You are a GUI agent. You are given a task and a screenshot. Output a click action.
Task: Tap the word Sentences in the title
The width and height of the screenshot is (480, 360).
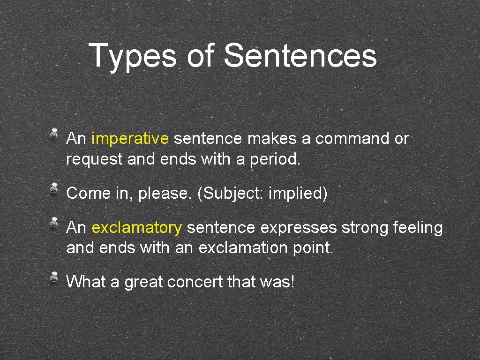[x=300, y=55]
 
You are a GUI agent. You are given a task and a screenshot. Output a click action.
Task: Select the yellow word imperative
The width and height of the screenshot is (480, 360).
[x=130, y=139]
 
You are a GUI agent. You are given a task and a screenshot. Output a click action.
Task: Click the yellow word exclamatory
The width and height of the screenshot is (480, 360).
[x=137, y=228]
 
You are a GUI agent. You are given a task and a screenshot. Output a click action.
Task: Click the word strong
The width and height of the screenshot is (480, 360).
[x=365, y=228]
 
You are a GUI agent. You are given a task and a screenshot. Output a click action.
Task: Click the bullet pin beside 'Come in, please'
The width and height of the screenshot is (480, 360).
[x=55, y=188]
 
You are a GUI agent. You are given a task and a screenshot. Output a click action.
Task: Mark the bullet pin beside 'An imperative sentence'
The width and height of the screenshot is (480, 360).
[x=55, y=134]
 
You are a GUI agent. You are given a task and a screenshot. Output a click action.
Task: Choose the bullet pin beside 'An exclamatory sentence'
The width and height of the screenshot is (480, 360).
[x=55, y=223]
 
